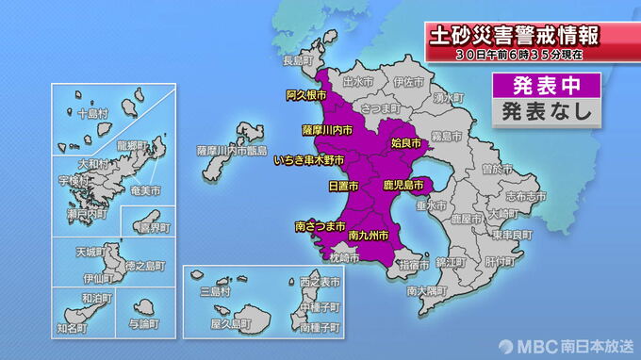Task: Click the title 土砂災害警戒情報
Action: tap(515, 38)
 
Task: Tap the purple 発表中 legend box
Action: tap(546, 86)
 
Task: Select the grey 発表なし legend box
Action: tap(546, 110)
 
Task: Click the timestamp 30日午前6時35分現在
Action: tap(517, 57)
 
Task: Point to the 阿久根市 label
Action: tap(305, 96)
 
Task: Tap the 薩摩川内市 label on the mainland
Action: tap(327, 129)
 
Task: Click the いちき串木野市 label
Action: tap(310, 161)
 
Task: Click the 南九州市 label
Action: tap(369, 234)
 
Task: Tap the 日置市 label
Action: tap(341, 186)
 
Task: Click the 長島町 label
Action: tap(297, 60)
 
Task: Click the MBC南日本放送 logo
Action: tap(563, 344)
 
